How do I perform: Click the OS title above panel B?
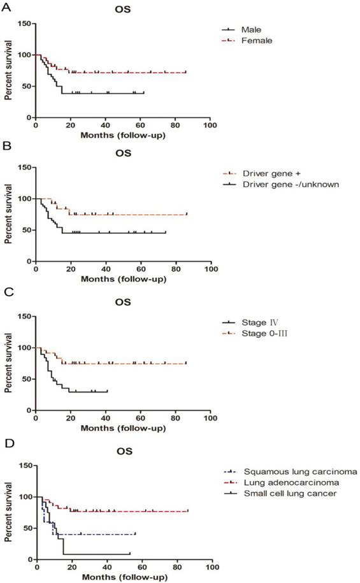coord(122,154)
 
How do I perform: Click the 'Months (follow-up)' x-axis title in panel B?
coord(122,278)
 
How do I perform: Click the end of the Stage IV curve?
coord(108,391)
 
